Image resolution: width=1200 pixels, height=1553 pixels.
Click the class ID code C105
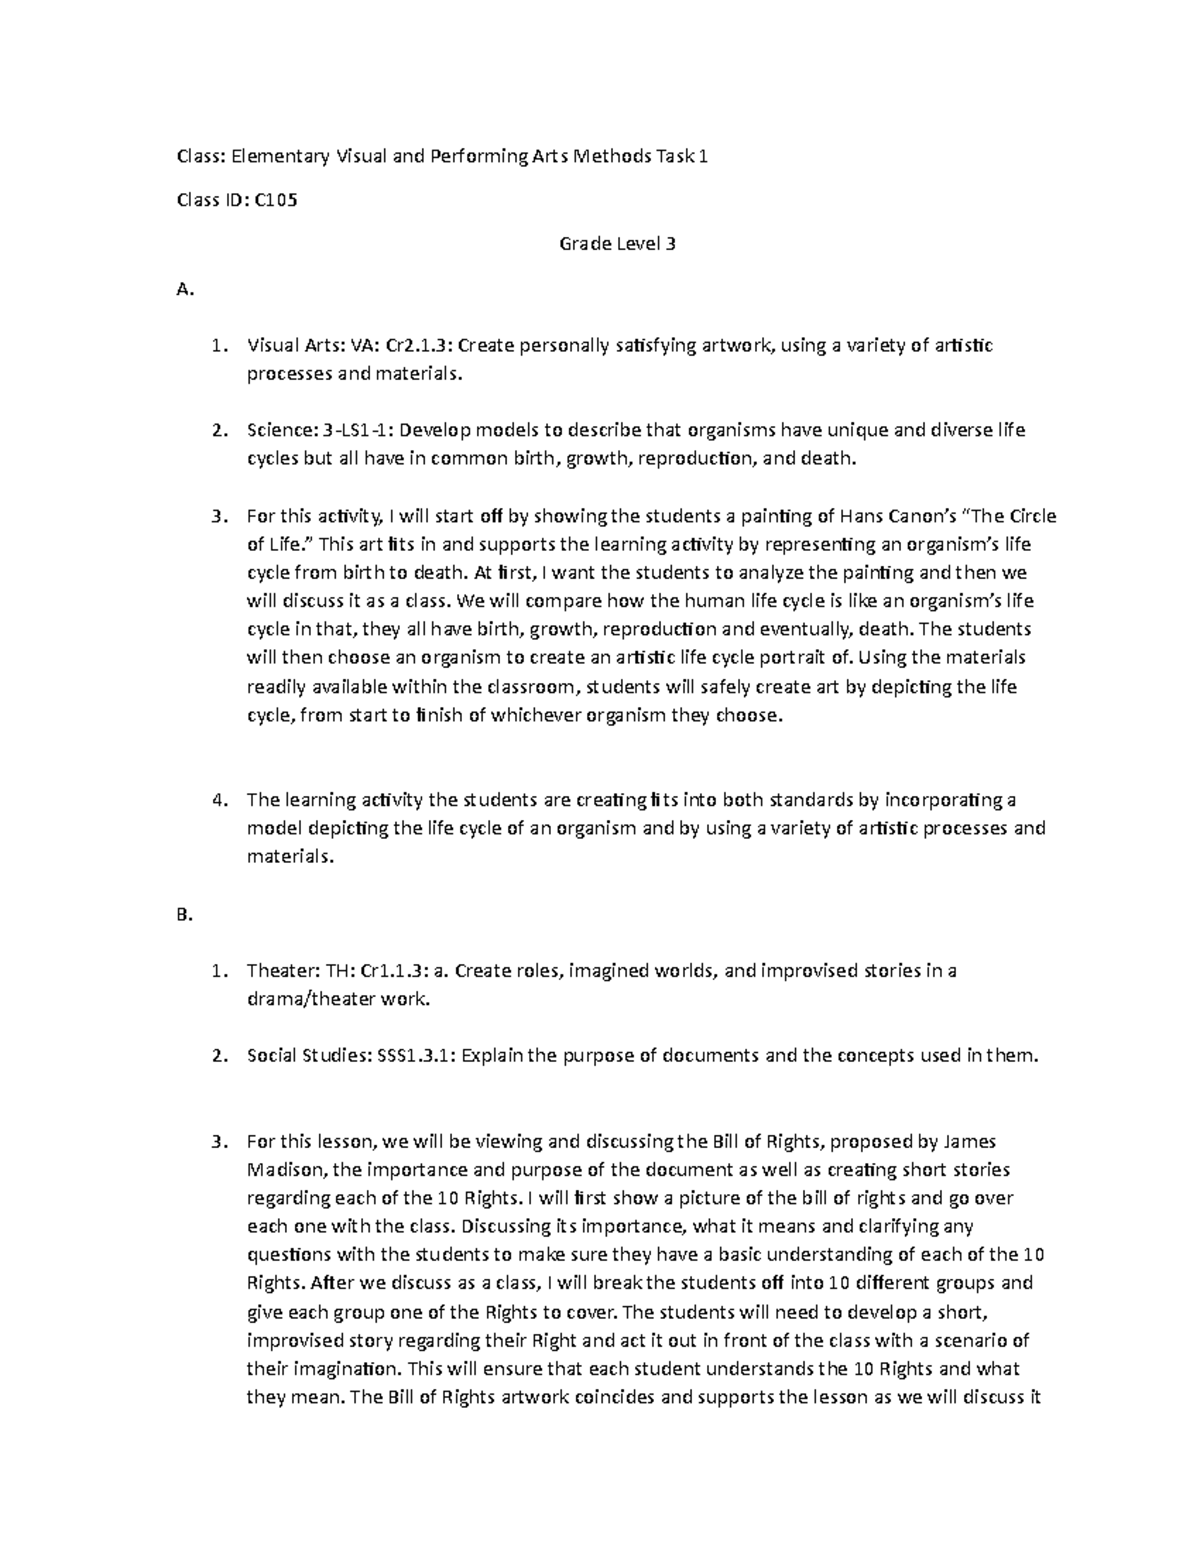point(276,200)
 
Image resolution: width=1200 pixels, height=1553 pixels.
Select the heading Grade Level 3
point(617,243)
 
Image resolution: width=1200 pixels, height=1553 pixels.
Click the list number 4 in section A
point(217,800)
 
